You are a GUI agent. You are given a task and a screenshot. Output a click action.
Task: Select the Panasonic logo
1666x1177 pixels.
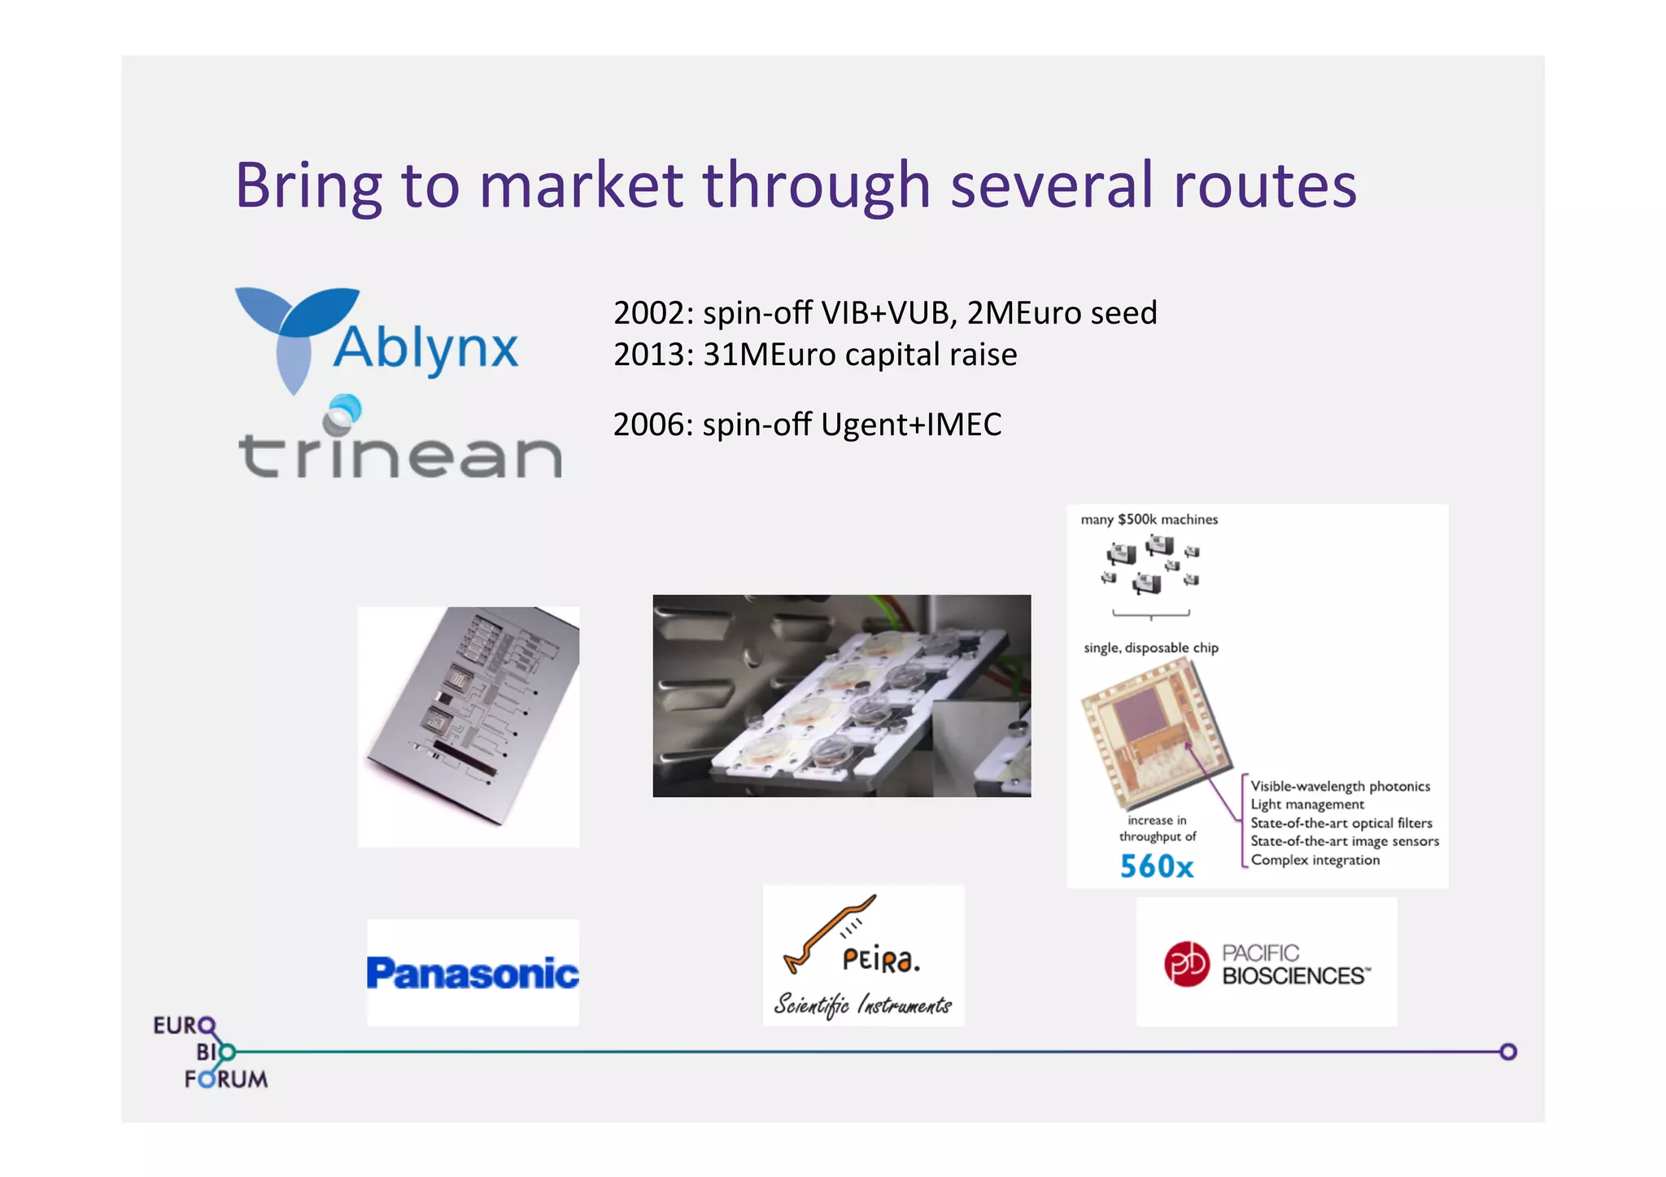coord(473,973)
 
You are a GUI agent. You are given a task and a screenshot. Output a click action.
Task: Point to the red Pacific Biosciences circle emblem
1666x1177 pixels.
coord(1187,964)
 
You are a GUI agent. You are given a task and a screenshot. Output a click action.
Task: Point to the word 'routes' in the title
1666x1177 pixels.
coord(1265,185)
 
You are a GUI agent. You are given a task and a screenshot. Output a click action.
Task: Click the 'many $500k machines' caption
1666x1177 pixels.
coord(1149,520)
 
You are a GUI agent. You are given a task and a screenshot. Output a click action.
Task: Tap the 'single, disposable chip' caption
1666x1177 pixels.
coord(1150,648)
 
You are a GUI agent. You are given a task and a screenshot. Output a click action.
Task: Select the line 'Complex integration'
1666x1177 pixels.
coord(1315,861)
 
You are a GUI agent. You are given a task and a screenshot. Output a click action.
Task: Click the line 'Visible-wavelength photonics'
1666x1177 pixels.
coord(1340,787)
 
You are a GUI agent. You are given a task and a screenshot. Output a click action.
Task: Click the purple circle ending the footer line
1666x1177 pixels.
coord(1508,1052)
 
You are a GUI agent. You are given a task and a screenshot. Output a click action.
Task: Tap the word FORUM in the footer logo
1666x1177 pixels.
coord(226,1079)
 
